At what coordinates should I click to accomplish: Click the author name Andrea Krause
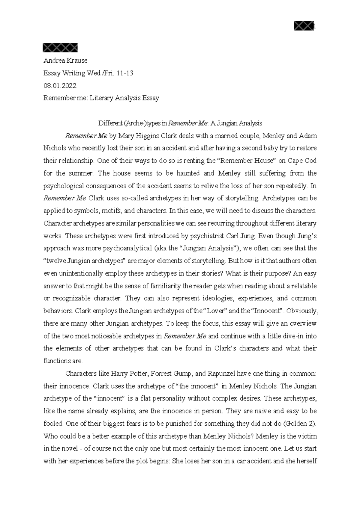coord(65,61)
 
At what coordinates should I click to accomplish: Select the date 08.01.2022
coord(60,86)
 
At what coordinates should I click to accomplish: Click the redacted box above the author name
coord(60,48)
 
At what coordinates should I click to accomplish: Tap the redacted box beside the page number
coord(304,27)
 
